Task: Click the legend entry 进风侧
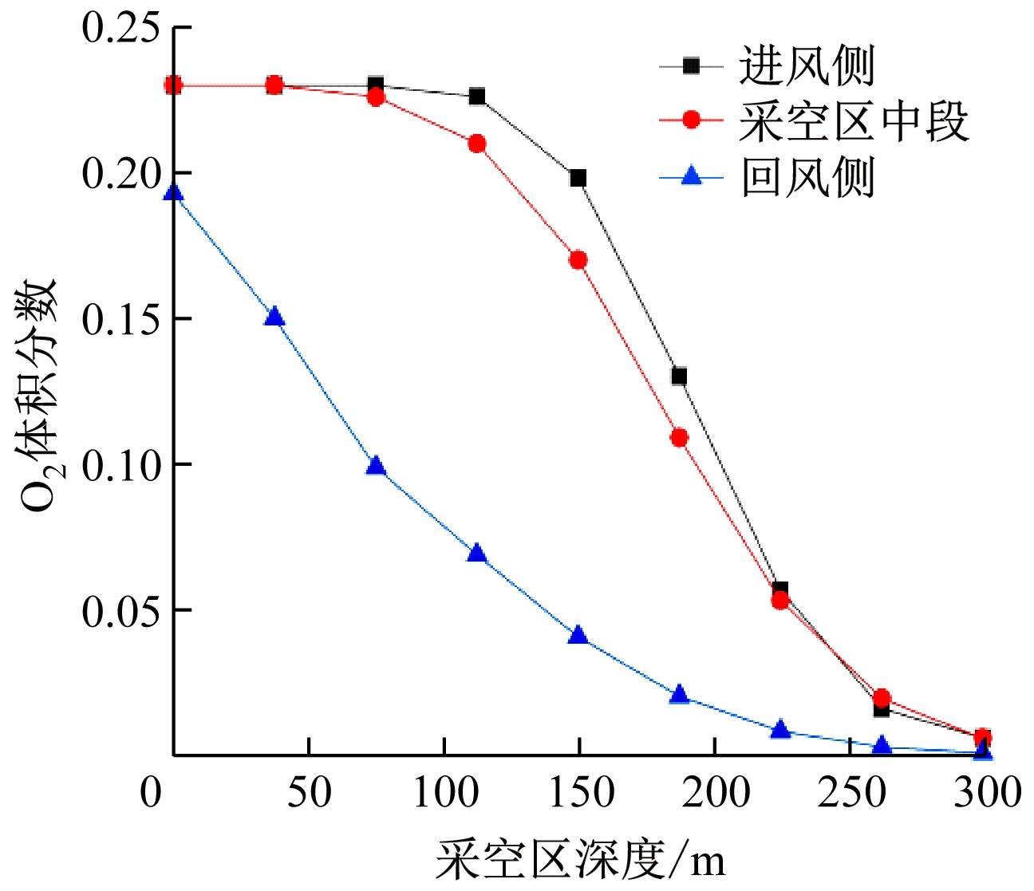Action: (806, 65)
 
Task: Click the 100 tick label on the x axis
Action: (445, 792)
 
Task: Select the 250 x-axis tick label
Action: (851, 792)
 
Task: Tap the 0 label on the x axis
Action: (151, 792)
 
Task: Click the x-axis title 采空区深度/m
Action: (581, 861)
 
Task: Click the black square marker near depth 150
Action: (578, 177)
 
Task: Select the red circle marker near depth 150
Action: (578, 260)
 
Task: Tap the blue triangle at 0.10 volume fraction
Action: (376, 467)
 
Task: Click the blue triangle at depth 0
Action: (174, 194)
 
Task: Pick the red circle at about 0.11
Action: (679, 437)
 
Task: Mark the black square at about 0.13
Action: (679, 377)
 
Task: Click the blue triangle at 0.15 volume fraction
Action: (274, 317)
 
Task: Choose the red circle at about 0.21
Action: (477, 144)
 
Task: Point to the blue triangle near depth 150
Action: (578, 636)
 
